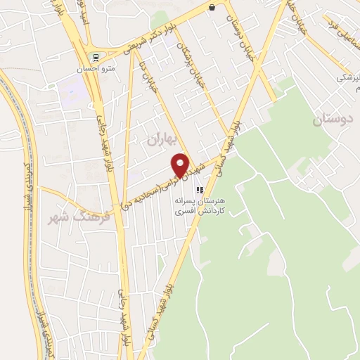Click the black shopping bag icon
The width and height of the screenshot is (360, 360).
pyautogui.click(x=212, y=8)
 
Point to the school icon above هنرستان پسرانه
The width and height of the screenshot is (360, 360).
pyautogui.click(x=200, y=189)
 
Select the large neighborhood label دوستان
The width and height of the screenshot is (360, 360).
pyautogui.click(x=330, y=120)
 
